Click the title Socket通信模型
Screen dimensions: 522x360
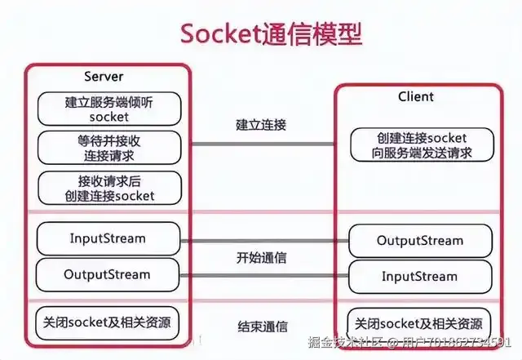pos(272,34)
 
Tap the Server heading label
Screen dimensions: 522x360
pos(104,77)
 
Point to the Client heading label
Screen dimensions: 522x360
pos(416,96)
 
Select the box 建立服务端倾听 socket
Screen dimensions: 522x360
pos(109,109)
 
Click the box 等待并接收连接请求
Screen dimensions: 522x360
pos(109,148)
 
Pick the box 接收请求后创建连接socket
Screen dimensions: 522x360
pos(109,188)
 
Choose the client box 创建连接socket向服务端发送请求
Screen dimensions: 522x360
pos(422,145)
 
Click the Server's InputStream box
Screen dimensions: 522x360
pos(108,238)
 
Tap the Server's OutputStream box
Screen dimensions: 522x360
pos(108,274)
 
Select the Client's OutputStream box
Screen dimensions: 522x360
pos(420,241)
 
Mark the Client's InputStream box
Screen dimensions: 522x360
pos(420,277)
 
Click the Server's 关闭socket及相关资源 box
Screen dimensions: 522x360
pos(107,323)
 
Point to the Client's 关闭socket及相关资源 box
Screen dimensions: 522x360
pos(418,324)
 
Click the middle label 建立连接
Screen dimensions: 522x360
pos(261,125)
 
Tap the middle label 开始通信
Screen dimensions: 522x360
pos(261,258)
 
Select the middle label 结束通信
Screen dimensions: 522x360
pos(263,327)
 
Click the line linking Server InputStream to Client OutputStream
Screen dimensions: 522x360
pos(264,241)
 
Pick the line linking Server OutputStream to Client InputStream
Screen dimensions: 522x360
pos(264,276)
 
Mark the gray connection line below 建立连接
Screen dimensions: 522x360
pos(263,144)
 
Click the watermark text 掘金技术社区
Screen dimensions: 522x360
pos(346,342)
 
